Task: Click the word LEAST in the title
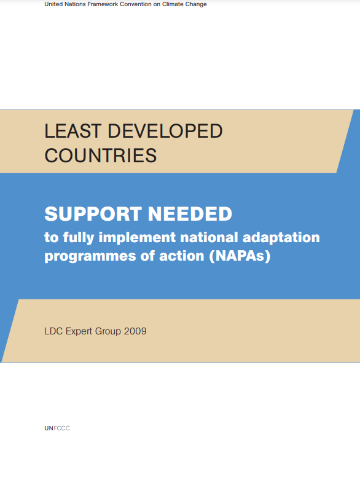click(73, 131)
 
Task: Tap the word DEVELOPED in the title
click(165, 131)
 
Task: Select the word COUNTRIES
click(101, 156)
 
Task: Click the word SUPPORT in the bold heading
click(93, 214)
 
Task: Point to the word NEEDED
click(190, 214)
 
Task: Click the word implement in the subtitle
click(137, 238)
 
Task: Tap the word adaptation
click(281, 238)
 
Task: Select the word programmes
click(90, 256)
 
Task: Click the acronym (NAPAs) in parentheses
click(240, 256)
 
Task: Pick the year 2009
click(135, 331)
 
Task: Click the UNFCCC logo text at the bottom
click(57, 428)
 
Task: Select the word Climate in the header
click(173, 4)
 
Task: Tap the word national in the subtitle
click(209, 237)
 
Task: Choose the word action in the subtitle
click(182, 256)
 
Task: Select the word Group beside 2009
click(108, 331)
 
